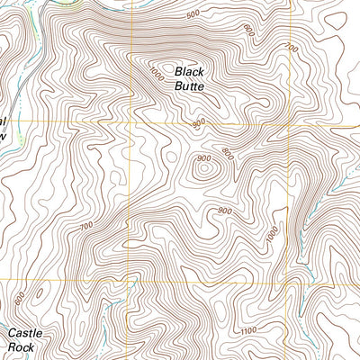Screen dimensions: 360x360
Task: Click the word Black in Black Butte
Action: click(x=190, y=71)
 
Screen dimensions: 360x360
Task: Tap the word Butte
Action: click(x=190, y=86)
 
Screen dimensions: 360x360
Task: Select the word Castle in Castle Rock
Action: click(x=25, y=332)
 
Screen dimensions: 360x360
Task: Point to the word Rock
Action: click(x=24, y=346)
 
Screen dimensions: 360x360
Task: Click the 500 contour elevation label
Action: click(x=193, y=15)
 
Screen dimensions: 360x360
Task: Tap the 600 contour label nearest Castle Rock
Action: click(x=20, y=298)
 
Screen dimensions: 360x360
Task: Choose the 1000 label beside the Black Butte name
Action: click(x=158, y=73)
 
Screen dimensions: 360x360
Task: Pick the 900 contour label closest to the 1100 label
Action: click(x=223, y=211)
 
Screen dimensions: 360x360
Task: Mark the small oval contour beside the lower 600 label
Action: click(x=38, y=292)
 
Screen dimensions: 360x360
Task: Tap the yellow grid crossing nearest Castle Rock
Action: click(x=129, y=280)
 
